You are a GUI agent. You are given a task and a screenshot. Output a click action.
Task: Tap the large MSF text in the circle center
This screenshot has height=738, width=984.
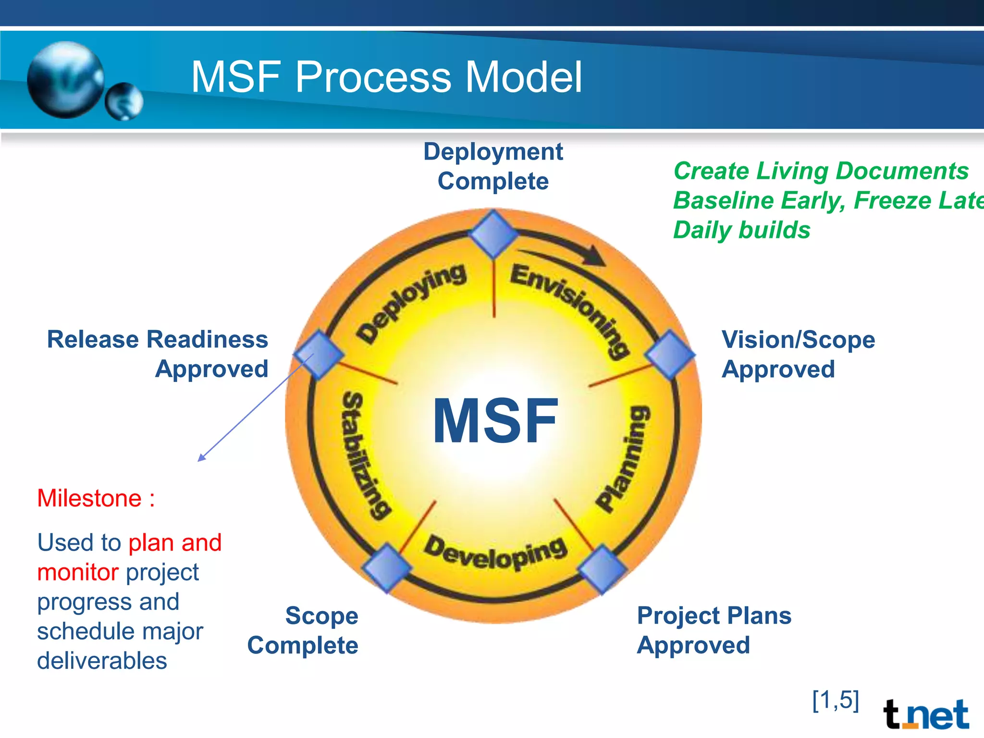click(495, 421)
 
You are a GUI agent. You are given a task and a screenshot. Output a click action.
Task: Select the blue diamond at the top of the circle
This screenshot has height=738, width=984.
click(493, 234)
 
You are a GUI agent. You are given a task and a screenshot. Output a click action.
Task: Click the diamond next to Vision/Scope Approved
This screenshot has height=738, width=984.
click(670, 354)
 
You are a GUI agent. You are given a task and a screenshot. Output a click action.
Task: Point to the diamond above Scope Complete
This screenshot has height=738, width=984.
click(387, 567)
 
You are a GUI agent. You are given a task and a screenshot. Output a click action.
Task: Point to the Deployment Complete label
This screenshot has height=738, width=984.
click(493, 166)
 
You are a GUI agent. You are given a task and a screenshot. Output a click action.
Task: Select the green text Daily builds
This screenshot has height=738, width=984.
click(741, 230)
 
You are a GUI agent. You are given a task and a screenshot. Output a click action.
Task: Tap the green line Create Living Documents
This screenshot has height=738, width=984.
click(821, 171)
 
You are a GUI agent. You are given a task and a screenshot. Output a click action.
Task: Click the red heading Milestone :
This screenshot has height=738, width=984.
click(96, 498)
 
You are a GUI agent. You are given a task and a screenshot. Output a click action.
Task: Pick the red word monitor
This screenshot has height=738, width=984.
click(78, 572)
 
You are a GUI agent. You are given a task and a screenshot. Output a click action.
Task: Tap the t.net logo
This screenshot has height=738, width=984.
click(925, 714)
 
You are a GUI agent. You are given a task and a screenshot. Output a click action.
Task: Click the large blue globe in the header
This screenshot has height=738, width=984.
click(66, 79)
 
